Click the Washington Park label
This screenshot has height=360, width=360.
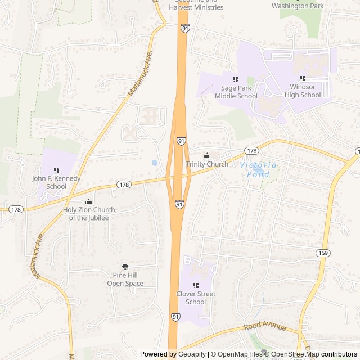click(x=298, y=6)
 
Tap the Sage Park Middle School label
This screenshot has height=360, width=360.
click(x=236, y=92)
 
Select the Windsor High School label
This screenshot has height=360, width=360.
click(x=303, y=91)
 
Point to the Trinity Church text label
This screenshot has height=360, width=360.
click(x=207, y=164)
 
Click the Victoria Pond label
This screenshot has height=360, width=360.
click(x=258, y=169)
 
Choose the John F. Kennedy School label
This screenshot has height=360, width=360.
click(x=56, y=182)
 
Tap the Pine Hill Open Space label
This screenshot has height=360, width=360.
click(x=125, y=280)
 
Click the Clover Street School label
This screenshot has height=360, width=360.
click(x=196, y=298)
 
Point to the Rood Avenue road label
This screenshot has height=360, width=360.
click(x=265, y=327)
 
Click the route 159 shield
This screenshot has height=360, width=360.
click(x=322, y=252)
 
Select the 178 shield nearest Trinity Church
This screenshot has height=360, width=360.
click(x=251, y=151)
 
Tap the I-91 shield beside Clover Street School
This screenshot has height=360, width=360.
click(x=176, y=317)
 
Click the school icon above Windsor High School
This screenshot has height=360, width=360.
click(x=303, y=79)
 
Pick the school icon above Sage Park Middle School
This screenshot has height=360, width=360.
click(x=236, y=80)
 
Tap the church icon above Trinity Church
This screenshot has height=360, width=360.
click(x=207, y=156)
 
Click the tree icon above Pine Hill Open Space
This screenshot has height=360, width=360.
click(x=125, y=267)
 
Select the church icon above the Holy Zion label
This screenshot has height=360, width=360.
click(x=88, y=201)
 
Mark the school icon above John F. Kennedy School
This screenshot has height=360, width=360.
click(x=56, y=170)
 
